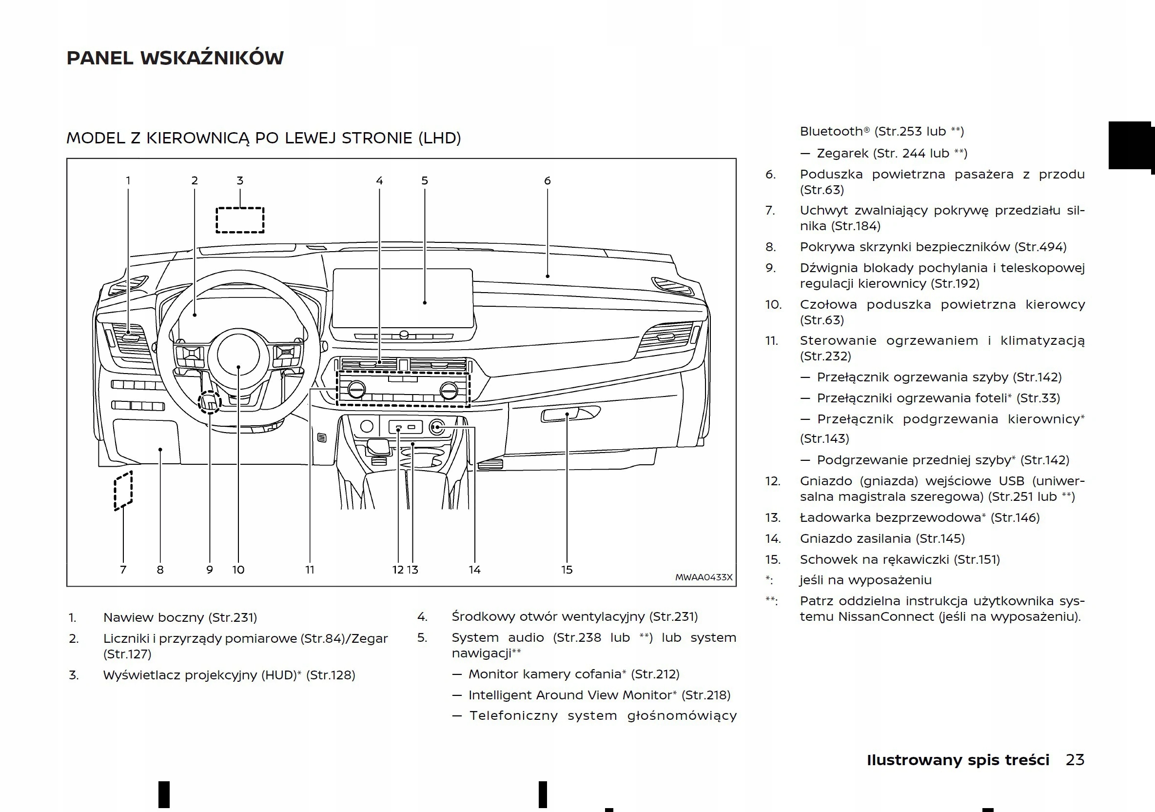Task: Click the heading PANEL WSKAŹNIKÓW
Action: [175, 58]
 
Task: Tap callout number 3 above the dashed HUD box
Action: [240, 180]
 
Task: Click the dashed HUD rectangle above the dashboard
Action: [240, 220]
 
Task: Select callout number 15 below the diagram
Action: [567, 570]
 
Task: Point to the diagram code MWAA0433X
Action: [703, 577]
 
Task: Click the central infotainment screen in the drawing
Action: [402, 298]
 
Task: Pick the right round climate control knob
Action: [448, 390]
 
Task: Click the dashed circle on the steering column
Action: [209, 402]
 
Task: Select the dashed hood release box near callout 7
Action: [123, 491]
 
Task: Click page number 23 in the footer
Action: [1075, 760]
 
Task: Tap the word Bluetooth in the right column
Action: [831, 131]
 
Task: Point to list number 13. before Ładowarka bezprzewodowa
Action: [773, 518]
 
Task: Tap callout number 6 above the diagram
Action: [548, 180]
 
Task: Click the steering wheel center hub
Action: [238, 355]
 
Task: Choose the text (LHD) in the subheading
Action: [439, 138]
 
